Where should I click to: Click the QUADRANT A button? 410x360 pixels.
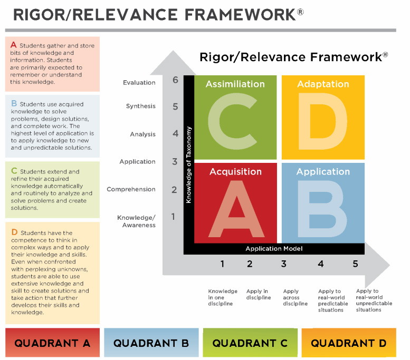52,343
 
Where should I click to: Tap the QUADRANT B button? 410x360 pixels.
151,343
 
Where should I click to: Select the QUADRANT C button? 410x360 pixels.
250,343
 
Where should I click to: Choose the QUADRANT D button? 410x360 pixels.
349,343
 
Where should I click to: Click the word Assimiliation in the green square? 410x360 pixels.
235,84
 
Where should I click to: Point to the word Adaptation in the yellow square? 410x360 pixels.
323,84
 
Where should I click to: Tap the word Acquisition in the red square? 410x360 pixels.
235,172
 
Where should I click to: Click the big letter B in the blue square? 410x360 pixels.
322,209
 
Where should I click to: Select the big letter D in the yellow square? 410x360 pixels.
323,121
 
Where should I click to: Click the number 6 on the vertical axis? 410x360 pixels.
175,80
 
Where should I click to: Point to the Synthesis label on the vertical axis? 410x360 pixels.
141,106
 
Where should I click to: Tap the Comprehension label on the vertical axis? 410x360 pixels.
131,189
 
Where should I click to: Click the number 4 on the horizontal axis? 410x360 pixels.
321,264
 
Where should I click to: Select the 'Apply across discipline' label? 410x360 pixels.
295,297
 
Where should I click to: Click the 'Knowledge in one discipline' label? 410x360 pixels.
223,297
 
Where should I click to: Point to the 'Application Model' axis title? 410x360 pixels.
274,248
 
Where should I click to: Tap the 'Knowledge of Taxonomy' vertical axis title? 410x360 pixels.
188,165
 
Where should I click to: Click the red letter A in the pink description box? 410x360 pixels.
14,45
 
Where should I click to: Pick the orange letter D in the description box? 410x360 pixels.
14,232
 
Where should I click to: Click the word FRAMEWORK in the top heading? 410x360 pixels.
240,15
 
